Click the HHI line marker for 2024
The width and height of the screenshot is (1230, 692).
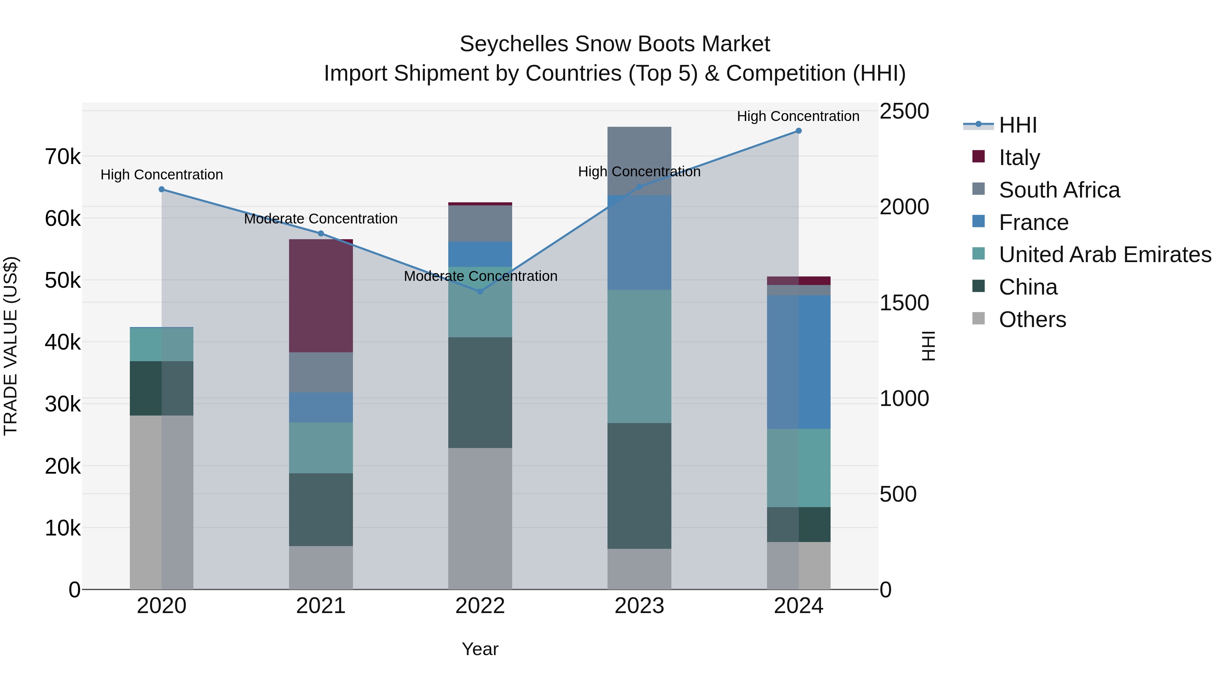click(x=798, y=131)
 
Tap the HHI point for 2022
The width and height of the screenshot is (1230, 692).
click(x=480, y=291)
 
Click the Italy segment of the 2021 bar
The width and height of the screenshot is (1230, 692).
click(x=321, y=296)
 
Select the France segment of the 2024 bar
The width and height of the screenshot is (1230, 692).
click(x=798, y=362)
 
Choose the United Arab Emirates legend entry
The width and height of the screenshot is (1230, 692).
click(x=1105, y=255)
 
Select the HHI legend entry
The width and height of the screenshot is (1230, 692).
click(x=1017, y=125)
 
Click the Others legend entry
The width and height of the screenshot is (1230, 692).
click(x=1032, y=320)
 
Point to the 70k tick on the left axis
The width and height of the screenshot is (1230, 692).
click(x=63, y=157)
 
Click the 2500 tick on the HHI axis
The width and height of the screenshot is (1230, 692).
click(x=904, y=111)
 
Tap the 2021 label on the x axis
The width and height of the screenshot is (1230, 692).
click(x=321, y=606)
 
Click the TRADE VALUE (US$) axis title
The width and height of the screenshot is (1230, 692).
click(x=11, y=346)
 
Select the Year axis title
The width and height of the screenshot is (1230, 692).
click(x=480, y=649)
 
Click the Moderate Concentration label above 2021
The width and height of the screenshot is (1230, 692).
click(x=321, y=219)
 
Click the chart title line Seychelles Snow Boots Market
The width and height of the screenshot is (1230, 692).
click(x=615, y=44)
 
